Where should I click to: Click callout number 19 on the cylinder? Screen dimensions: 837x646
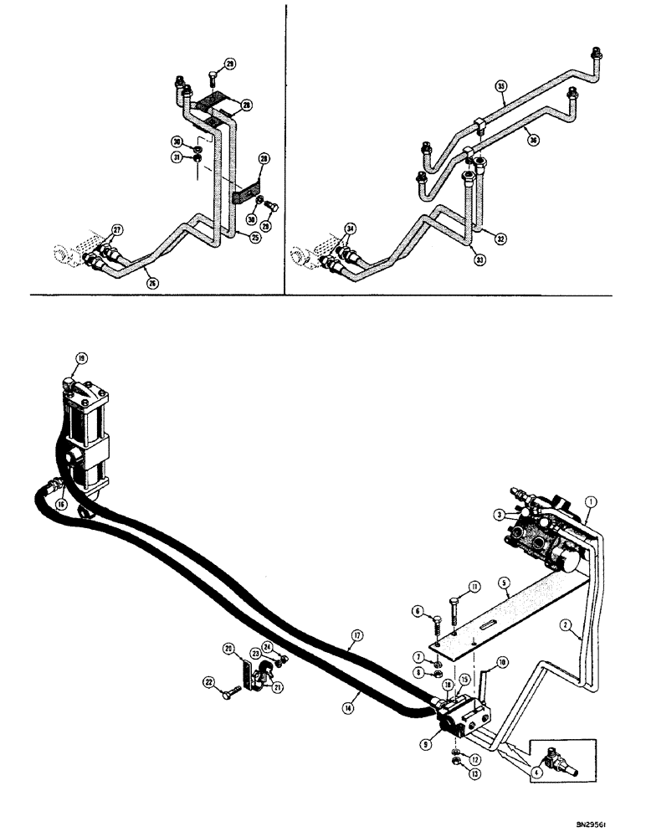pos(81,359)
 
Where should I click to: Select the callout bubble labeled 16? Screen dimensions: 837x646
pos(61,505)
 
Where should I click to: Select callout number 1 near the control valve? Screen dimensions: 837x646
pos(591,503)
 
